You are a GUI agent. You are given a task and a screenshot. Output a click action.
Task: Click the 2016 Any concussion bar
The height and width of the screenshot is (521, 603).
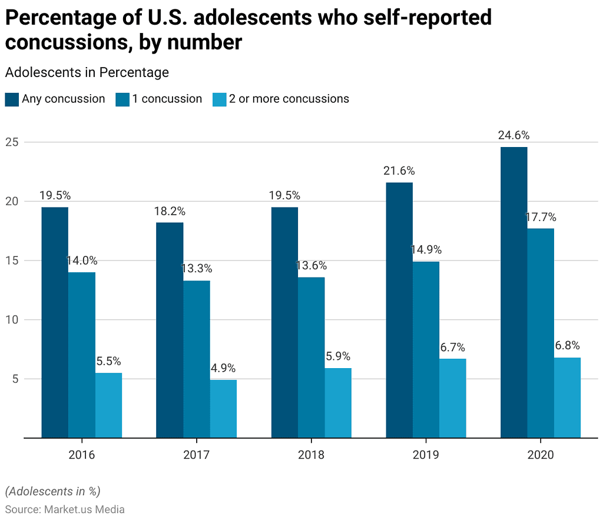point(55,322)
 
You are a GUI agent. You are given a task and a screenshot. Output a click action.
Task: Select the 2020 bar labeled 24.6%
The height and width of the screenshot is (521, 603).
point(513,292)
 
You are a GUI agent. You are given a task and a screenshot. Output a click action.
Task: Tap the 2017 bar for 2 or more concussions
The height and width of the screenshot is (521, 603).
point(223,409)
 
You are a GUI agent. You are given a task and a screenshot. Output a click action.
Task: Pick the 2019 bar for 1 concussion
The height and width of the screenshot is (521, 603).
point(426,349)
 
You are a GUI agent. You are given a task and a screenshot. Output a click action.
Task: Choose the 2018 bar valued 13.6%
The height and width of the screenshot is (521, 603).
point(311,357)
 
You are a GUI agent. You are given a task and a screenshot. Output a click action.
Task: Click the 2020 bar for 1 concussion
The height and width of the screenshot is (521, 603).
point(541,333)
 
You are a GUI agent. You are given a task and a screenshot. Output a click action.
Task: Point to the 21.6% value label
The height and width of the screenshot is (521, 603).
point(399,171)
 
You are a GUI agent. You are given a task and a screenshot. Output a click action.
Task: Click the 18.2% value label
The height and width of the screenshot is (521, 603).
point(170,211)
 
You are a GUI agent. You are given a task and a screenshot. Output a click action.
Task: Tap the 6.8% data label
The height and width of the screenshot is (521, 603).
point(567,345)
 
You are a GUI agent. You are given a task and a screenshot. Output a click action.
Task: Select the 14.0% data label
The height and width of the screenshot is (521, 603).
point(81,260)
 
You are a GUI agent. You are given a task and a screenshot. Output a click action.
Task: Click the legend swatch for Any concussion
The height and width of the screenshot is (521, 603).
point(12,99)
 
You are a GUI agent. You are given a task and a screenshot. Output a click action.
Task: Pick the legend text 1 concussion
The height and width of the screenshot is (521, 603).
point(167,99)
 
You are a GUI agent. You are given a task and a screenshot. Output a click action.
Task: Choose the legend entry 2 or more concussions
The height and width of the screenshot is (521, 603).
point(289,99)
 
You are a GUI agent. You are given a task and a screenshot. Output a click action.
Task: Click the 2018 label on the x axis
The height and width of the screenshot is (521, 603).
point(311,455)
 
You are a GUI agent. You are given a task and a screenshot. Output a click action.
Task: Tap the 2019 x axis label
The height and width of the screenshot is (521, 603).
point(426,455)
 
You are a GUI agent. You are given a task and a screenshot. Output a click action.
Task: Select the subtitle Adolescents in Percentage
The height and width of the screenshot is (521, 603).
point(87,72)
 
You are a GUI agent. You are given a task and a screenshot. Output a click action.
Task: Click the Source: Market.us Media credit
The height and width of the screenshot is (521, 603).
point(65,509)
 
